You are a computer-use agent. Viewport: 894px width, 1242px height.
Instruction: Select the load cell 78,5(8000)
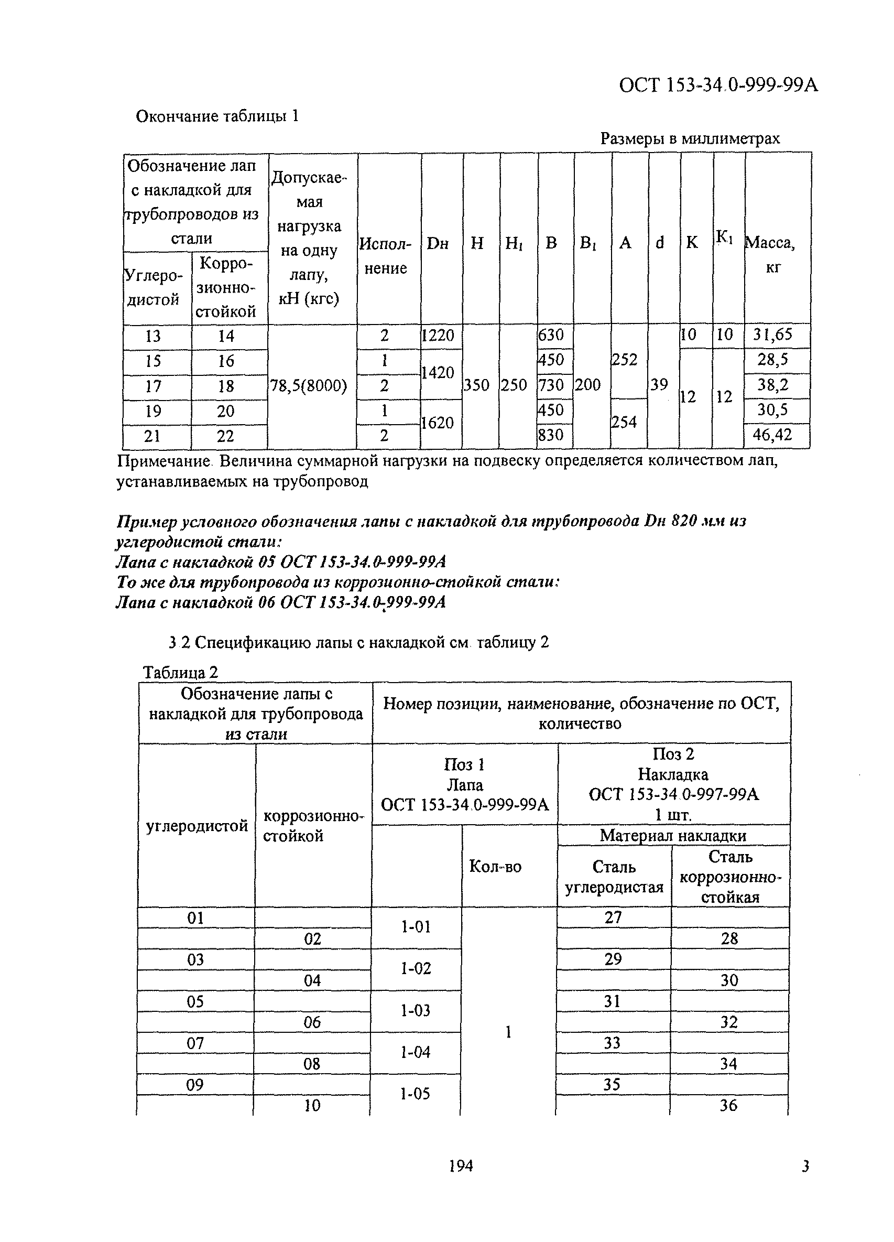(309, 386)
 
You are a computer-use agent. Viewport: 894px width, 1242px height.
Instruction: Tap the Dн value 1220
(438, 335)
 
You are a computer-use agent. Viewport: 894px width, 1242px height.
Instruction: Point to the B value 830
(551, 435)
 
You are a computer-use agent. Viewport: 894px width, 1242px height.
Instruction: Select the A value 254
(624, 422)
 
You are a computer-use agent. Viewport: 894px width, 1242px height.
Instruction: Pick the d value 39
(659, 385)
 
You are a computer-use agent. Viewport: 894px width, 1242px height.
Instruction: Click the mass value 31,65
(772, 334)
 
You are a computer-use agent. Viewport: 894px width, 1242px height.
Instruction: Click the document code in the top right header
(718, 85)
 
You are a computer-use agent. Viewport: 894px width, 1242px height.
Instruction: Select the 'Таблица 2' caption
(180, 673)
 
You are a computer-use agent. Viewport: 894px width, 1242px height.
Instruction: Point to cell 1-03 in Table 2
(416, 1010)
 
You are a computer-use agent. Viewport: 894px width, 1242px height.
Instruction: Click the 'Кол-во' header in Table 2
(495, 866)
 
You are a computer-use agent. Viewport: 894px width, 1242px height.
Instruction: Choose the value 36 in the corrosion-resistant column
(728, 1105)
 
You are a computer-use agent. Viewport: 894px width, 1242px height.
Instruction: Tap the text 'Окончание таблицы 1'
(217, 116)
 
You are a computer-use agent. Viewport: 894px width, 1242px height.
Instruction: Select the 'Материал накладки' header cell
(673, 835)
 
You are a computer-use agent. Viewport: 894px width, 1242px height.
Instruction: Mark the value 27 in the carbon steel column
(613, 917)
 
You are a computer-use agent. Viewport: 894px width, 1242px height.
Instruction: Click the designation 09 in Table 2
(195, 1084)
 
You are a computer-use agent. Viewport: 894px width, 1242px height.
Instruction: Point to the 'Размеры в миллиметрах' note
(690, 138)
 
